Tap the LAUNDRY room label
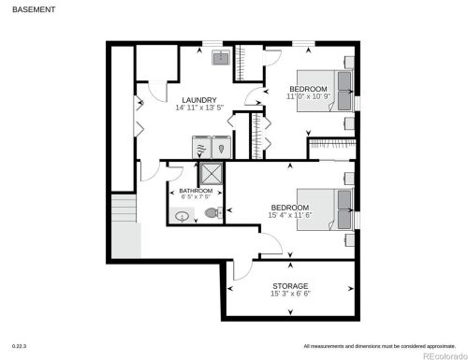[198, 100]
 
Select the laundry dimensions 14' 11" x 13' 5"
[198, 108]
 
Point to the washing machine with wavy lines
[201, 148]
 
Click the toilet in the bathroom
[212, 212]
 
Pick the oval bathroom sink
[182, 215]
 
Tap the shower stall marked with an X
[212, 175]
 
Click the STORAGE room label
[290, 285]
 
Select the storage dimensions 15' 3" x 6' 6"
[290, 294]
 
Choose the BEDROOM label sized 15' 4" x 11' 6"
[290, 208]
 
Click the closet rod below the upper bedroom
[332, 144]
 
